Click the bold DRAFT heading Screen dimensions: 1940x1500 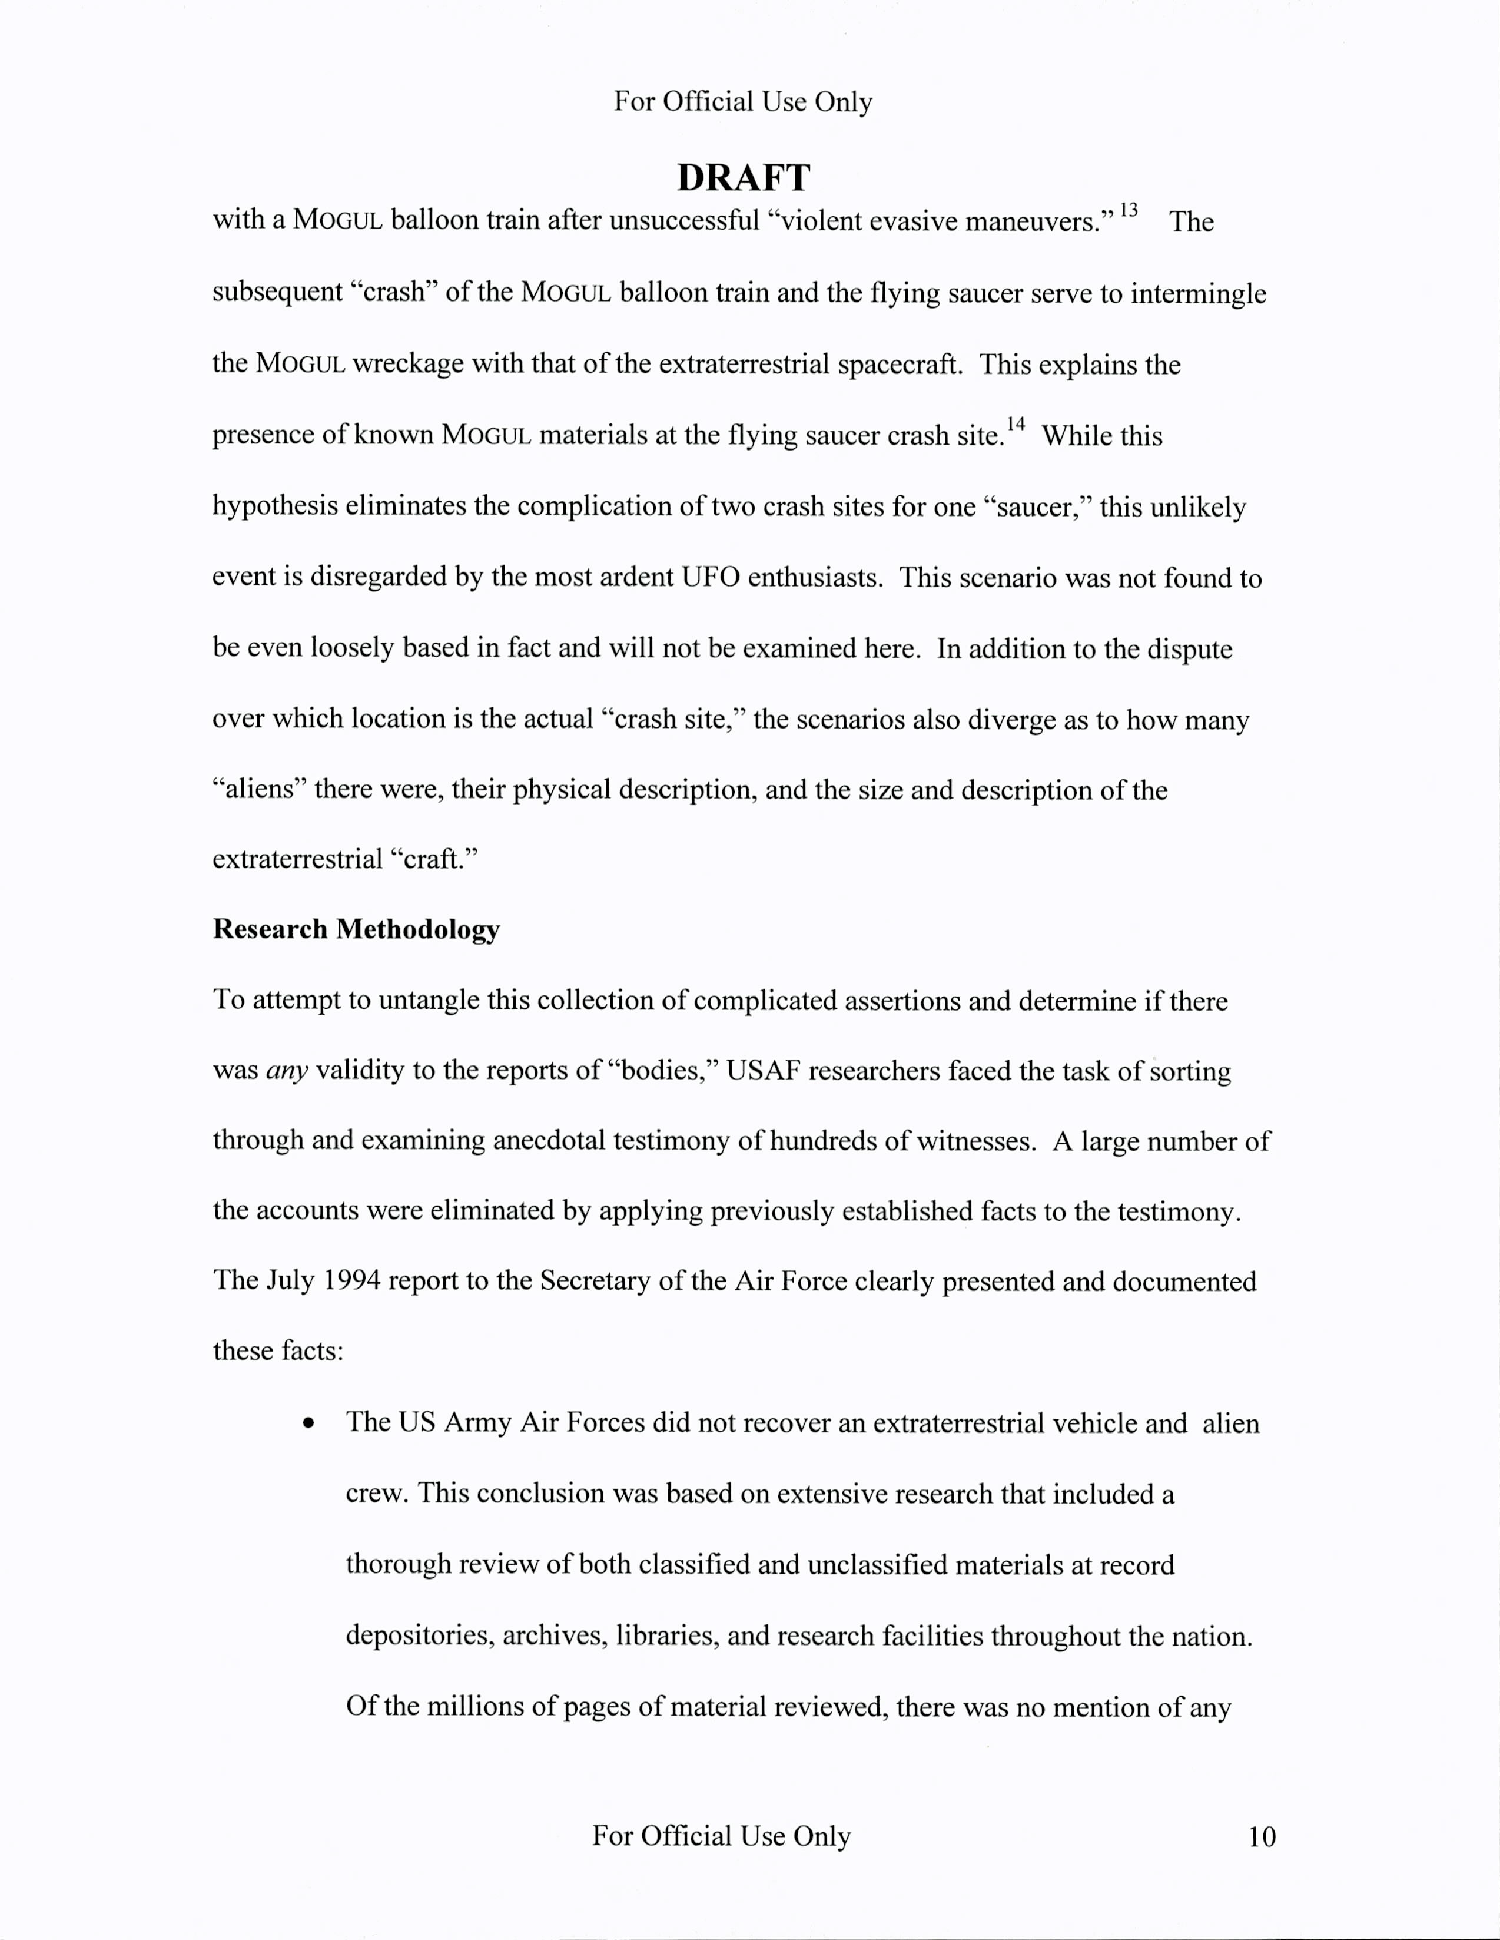[744, 178]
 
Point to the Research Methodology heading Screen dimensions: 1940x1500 [356, 929]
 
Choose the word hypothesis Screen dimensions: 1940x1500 [274, 507]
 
